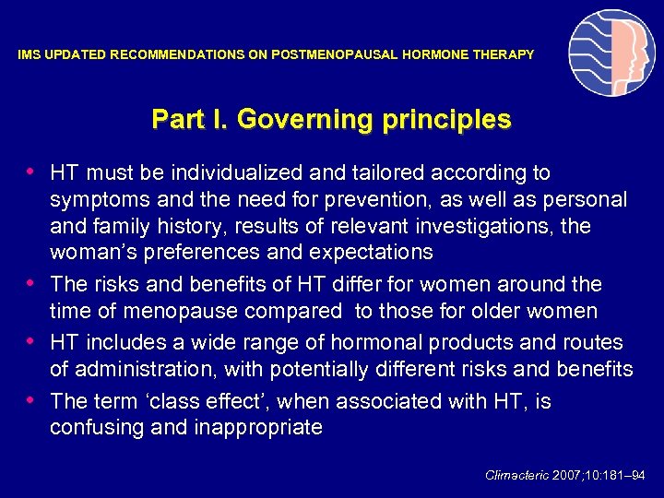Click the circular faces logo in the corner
[611, 53]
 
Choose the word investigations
[492, 226]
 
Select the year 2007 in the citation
[566, 476]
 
